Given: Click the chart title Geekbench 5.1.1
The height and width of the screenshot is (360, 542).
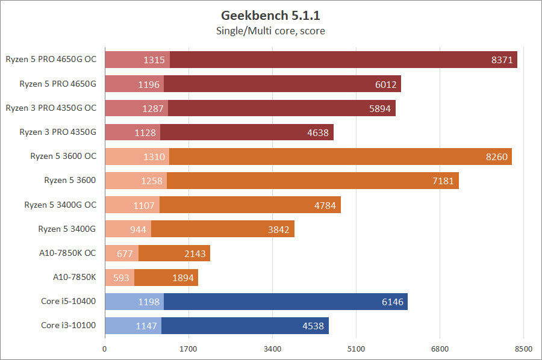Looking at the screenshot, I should (x=270, y=14).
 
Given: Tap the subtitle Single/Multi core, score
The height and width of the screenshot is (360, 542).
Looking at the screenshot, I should (x=270, y=31).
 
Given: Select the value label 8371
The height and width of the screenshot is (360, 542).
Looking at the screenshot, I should (x=502, y=60).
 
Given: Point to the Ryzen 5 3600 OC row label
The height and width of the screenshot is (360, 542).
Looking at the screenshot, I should (x=63, y=156).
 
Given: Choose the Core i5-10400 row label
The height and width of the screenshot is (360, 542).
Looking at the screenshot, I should (x=69, y=302).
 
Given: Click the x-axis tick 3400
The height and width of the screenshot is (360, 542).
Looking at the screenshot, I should (x=272, y=348).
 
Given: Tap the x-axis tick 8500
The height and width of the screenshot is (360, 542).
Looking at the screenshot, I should (x=523, y=348).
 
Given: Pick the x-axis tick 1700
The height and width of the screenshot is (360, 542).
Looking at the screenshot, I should (x=188, y=348).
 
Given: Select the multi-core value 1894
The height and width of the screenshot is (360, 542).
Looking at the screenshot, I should (x=184, y=278).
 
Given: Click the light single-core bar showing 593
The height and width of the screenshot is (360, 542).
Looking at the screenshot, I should (x=119, y=278).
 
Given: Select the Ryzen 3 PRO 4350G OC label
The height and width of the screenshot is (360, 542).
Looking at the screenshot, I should (x=51, y=108).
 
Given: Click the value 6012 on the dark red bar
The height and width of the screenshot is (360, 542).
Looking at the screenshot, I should (x=385, y=84).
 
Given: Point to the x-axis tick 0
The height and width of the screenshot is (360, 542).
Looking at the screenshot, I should (x=105, y=348).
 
